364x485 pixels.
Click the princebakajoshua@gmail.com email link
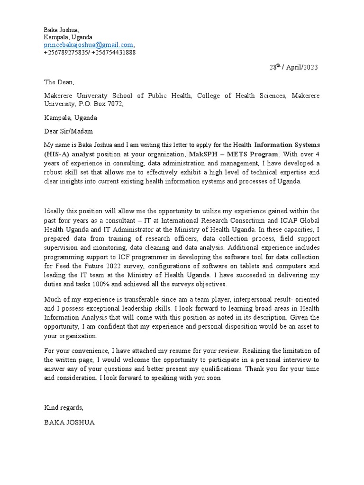click(x=89, y=45)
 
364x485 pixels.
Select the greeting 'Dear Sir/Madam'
click(x=69, y=131)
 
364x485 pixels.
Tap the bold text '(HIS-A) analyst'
click(x=69, y=154)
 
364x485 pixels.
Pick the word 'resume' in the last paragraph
click(x=191, y=350)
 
